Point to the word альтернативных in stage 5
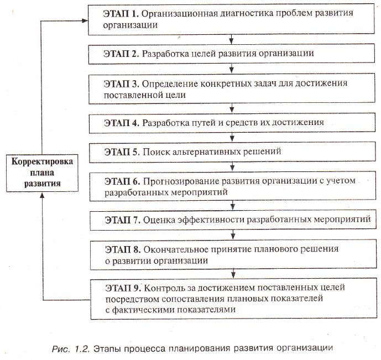[x=205, y=151]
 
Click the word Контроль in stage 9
[x=164, y=288]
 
